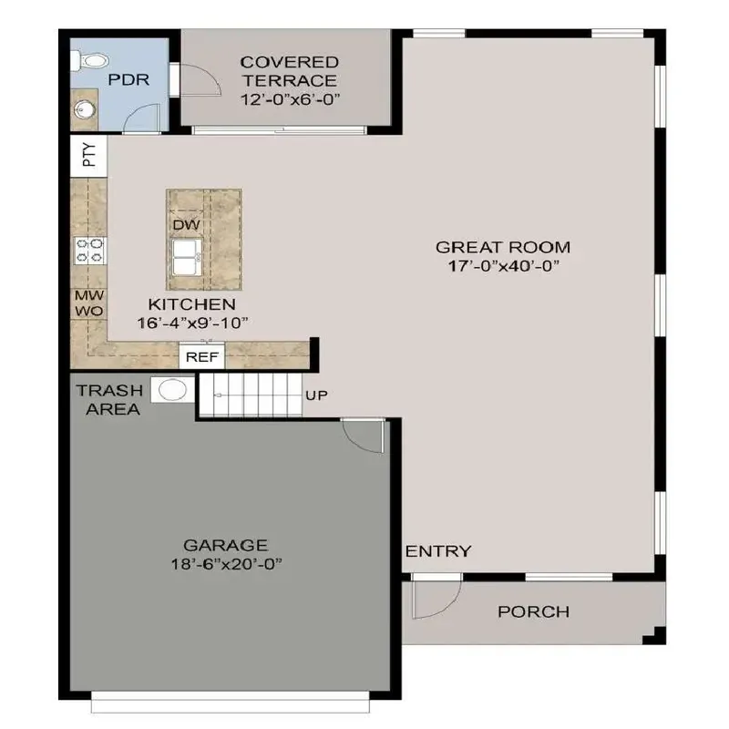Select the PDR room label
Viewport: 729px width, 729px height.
point(122,80)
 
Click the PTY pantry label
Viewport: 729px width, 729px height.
point(88,156)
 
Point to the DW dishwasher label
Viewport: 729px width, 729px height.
point(187,224)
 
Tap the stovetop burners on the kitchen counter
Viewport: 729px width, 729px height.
point(89,250)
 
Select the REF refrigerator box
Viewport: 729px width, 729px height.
point(201,356)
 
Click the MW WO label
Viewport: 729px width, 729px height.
point(89,303)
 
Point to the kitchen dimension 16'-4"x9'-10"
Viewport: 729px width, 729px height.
point(193,322)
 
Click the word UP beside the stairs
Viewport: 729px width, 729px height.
point(318,395)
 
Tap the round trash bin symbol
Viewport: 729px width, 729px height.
point(172,390)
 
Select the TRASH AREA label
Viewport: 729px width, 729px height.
point(109,400)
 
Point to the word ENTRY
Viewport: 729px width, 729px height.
point(438,550)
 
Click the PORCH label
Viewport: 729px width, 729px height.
point(533,611)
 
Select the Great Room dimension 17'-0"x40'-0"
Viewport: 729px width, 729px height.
point(503,266)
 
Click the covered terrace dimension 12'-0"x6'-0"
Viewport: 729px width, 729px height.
point(289,99)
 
